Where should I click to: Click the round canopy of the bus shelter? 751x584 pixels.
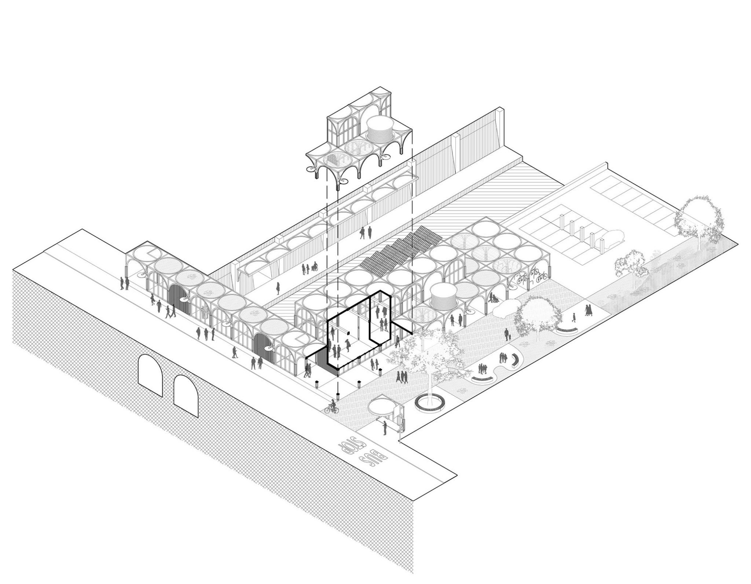pos(381,407)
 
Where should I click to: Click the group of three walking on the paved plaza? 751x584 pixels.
pos(402,377)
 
